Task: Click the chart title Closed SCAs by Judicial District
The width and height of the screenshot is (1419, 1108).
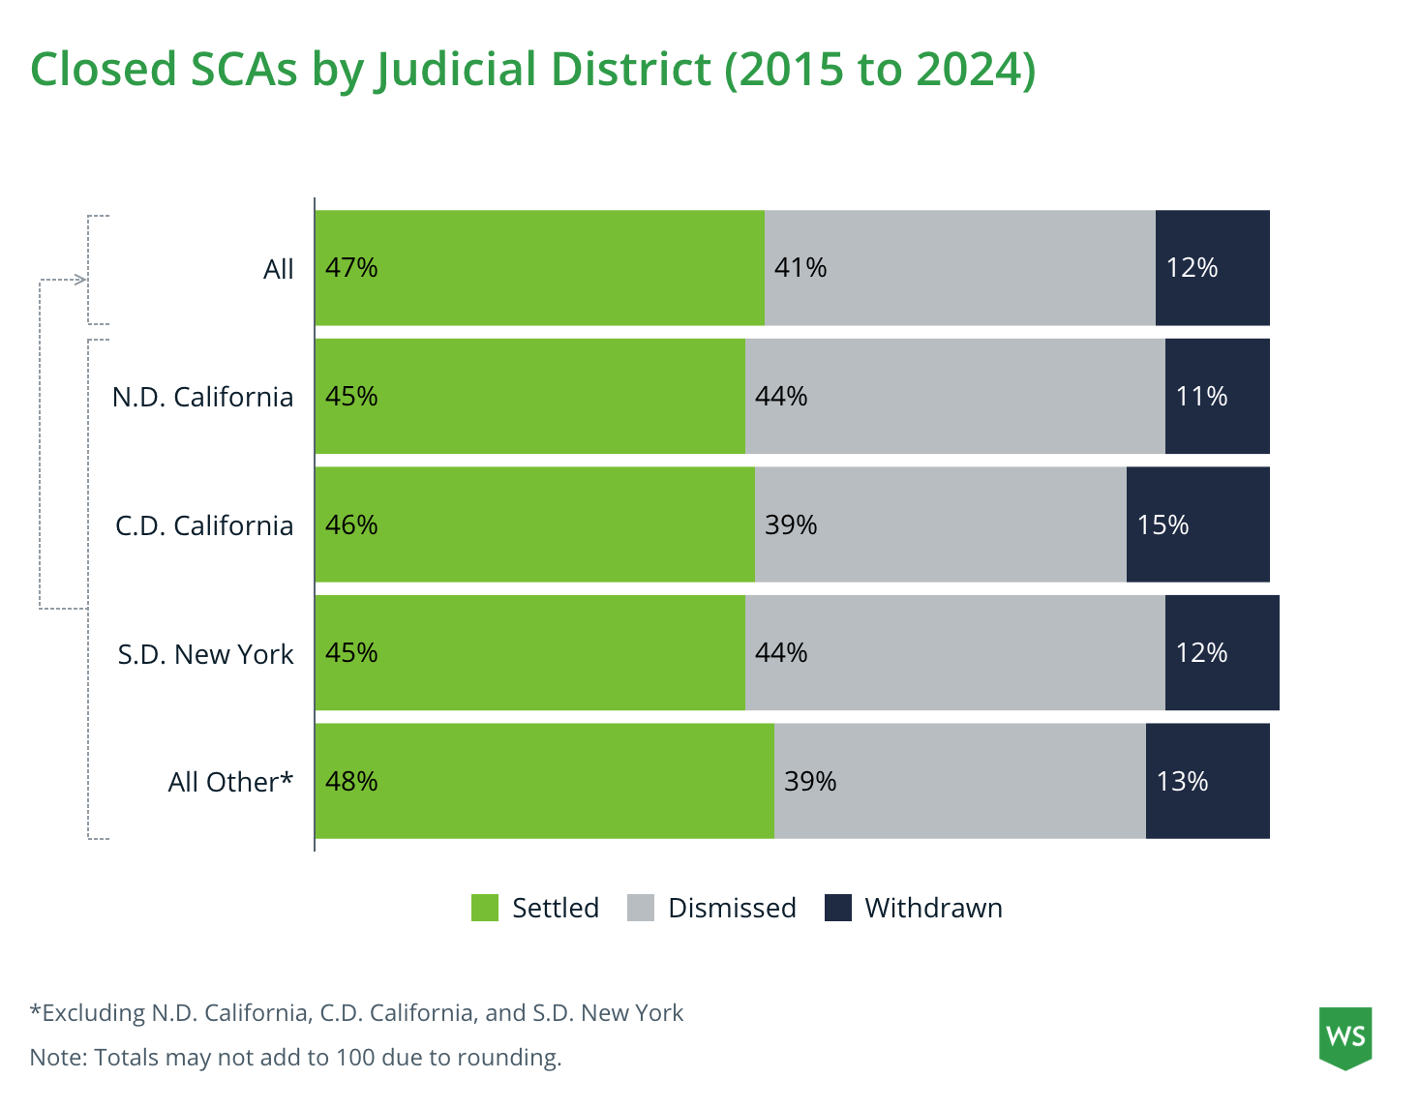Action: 532,70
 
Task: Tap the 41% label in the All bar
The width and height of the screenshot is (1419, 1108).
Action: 800,268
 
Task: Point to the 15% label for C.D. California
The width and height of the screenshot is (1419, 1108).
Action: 1162,525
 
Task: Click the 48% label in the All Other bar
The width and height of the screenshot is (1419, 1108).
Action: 351,782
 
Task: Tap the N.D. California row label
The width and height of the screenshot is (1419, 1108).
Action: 202,397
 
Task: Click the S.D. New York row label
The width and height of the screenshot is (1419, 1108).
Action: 205,654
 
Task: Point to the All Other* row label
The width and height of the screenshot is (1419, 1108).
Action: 230,782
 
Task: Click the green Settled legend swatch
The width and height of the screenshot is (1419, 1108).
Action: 485,908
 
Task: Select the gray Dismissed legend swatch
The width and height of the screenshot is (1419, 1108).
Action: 641,908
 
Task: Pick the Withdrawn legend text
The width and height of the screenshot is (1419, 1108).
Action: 933,908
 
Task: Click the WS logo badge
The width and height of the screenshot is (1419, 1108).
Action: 1345,1037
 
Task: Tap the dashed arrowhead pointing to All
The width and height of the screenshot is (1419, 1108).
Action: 81,281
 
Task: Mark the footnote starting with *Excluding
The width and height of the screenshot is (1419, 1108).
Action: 356,1013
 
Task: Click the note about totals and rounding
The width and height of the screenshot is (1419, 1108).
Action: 295,1058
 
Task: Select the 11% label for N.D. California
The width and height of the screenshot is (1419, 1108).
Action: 1201,397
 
